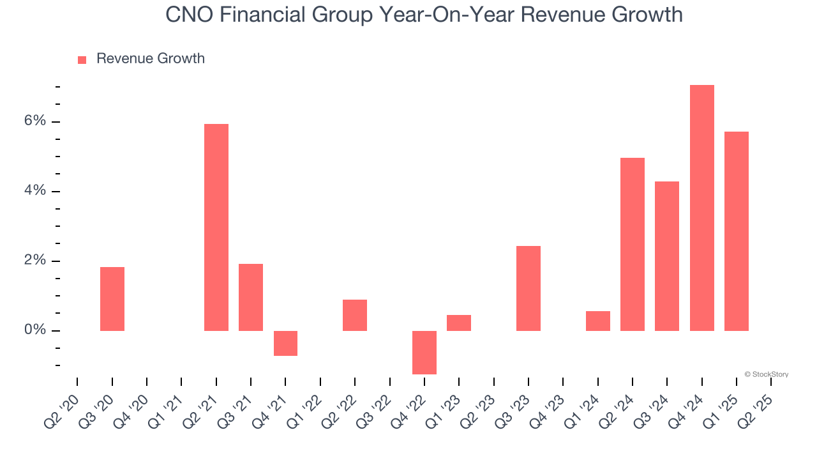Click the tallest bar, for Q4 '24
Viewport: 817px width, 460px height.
coord(701,208)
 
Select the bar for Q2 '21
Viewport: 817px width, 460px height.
coord(216,227)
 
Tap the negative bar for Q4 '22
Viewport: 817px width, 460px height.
coord(424,352)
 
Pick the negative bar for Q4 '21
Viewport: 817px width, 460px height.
coord(285,343)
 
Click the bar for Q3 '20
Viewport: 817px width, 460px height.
coord(112,298)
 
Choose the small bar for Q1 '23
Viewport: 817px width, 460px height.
coord(459,323)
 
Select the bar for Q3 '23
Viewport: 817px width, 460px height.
coord(528,288)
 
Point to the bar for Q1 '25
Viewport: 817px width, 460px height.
coord(736,231)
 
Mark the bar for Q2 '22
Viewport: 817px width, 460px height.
coord(355,315)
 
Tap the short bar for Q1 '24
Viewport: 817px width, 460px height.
coord(598,321)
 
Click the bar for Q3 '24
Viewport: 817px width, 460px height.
coord(667,256)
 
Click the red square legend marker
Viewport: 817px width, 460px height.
coord(82,60)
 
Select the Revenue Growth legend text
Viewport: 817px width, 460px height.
coord(151,59)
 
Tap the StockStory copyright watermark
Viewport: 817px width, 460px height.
coord(767,374)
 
